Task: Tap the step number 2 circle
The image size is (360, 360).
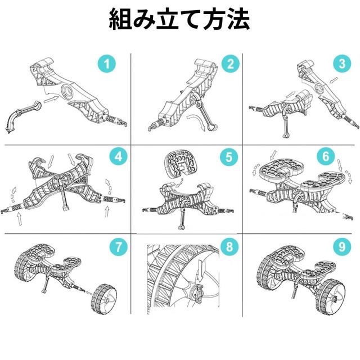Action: (229, 64)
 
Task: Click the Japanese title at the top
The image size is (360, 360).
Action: (179, 20)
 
